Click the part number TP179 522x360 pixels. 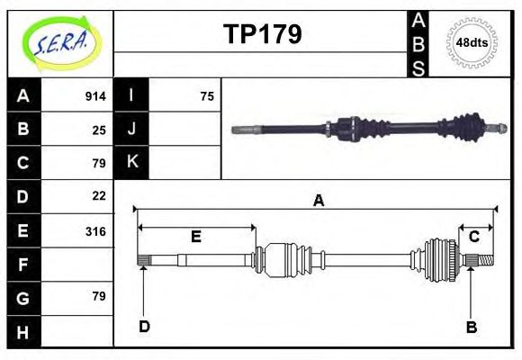pos(262,34)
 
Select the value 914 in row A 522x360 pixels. pos(95,96)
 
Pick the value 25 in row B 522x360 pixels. pos(99,130)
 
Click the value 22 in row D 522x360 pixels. pos(99,195)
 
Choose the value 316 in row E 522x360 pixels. pos(95,231)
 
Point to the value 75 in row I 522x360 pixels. pos(207,96)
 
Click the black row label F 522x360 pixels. pos(22,265)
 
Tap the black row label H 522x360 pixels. pos(22,332)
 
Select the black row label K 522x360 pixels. pos(131,162)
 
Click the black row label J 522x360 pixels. pos(131,129)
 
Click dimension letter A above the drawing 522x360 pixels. pos(318,202)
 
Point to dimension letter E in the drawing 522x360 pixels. pos(195,237)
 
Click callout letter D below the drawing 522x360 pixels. pos(144,326)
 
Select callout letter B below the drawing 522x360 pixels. pos(471,327)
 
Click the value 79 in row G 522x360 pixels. pos(99,296)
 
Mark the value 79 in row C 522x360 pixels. pos(99,163)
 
